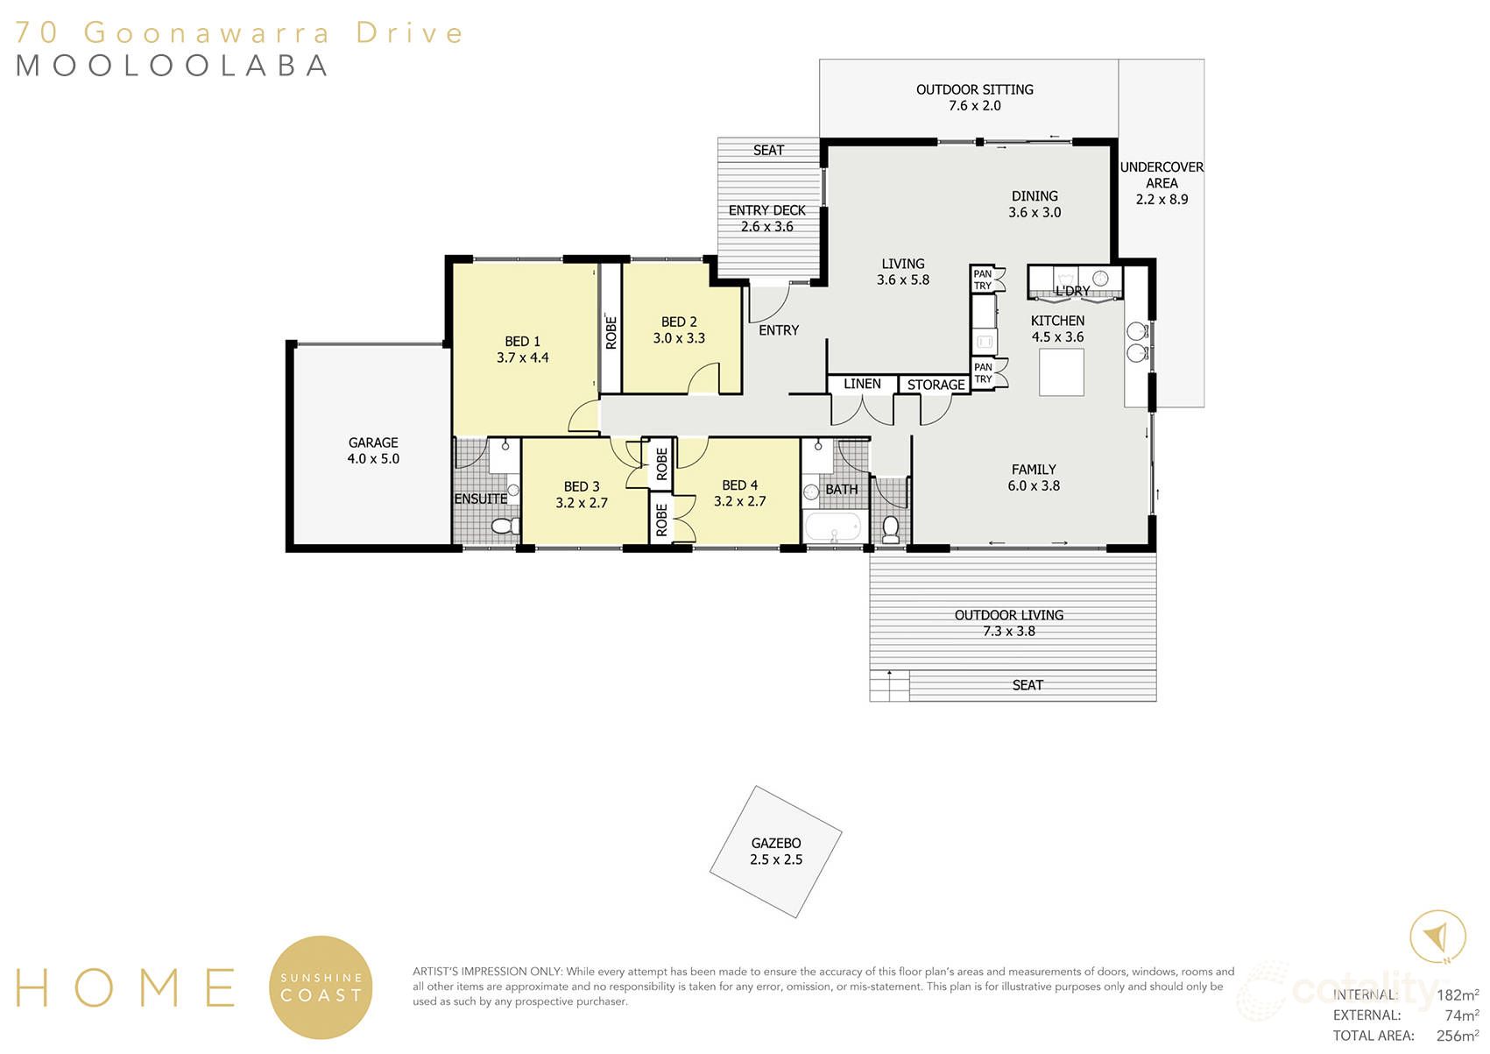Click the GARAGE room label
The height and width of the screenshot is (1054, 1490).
(x=373, y=442)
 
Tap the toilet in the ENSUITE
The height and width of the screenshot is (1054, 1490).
(x=502, y=526)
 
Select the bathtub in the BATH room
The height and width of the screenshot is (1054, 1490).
(x=832, y=528)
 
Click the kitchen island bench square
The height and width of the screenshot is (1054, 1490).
(x=1061, y=372)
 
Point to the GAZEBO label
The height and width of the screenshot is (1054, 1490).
(x=776, y=843)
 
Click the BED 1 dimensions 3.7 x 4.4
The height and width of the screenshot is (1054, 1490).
(x=522, y=357)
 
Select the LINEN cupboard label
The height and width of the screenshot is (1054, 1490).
(x=862, y=384)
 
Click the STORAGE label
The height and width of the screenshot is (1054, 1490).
(x=936, y=385)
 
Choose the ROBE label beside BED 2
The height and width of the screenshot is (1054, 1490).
(x=611, y=332)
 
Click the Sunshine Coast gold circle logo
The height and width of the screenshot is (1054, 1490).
(x=321, y=987)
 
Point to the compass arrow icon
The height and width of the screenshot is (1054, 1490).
(x=1437, y=937)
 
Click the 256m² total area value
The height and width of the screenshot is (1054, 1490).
(x=1457, y=1036)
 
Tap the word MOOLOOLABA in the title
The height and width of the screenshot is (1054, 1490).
(x=172, y=66)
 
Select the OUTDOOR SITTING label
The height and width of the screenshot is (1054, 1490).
(x=974, y=89)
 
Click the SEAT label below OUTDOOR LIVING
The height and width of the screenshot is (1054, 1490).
(x=1027, y=685)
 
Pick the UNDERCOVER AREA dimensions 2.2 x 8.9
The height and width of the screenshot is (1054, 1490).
(x=1162, y=199)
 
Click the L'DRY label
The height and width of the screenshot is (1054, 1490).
(x=1072, y=291)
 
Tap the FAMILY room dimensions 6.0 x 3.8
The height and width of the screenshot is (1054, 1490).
(x=1034, y=485)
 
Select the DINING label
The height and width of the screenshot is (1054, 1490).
(x=1035, y=196)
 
